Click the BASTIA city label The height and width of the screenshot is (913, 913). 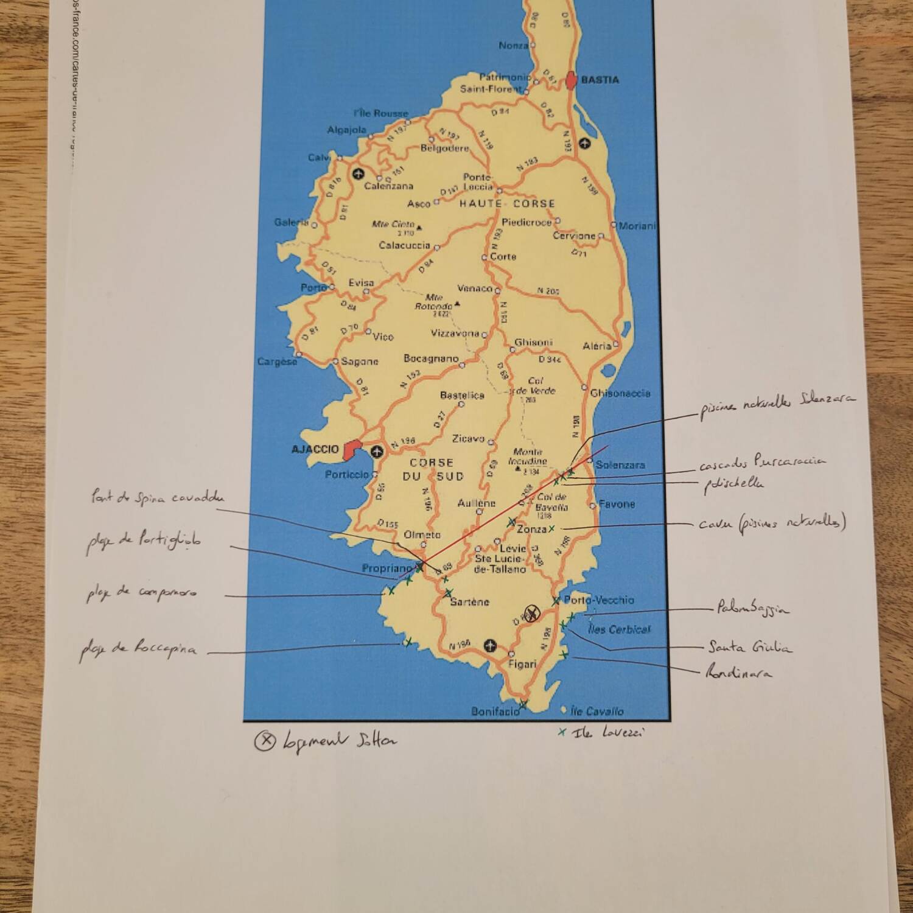point(600,80)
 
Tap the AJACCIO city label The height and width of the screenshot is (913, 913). point(315,449)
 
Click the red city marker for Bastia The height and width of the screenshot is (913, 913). point(571,80)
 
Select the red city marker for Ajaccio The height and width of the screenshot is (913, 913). point(351,450)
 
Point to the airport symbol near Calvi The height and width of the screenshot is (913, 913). point(358,173)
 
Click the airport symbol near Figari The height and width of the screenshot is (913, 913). point(490,645)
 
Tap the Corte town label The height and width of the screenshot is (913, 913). point(503,257)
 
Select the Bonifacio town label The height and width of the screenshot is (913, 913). point(495,711)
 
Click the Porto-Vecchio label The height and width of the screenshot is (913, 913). point(598,600)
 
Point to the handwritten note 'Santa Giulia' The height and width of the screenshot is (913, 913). point(750,647)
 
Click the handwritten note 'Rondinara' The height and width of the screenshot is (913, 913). point(738,673)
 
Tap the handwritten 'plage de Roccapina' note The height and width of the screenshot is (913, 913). point(139,649)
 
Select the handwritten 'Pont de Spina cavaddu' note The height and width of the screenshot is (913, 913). point(158,498)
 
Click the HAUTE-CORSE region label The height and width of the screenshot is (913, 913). point(507,204)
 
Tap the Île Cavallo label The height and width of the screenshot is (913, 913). point(597,711)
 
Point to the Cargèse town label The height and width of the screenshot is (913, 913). point(277,362)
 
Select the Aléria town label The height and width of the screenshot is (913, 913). point(596,346)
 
